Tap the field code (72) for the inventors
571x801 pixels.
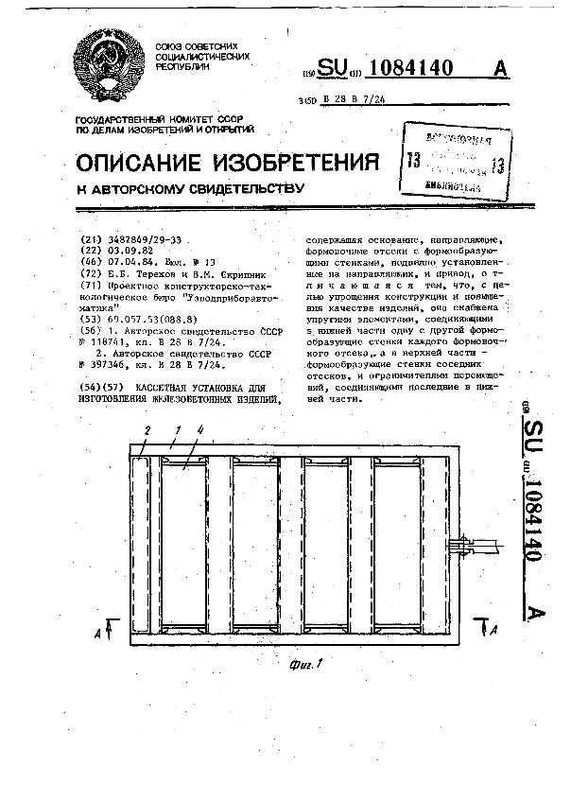click(93, 272)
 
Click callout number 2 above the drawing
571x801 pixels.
click(147, 431)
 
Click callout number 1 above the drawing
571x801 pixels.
click(176, 431)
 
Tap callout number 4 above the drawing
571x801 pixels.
click(199, 431)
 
